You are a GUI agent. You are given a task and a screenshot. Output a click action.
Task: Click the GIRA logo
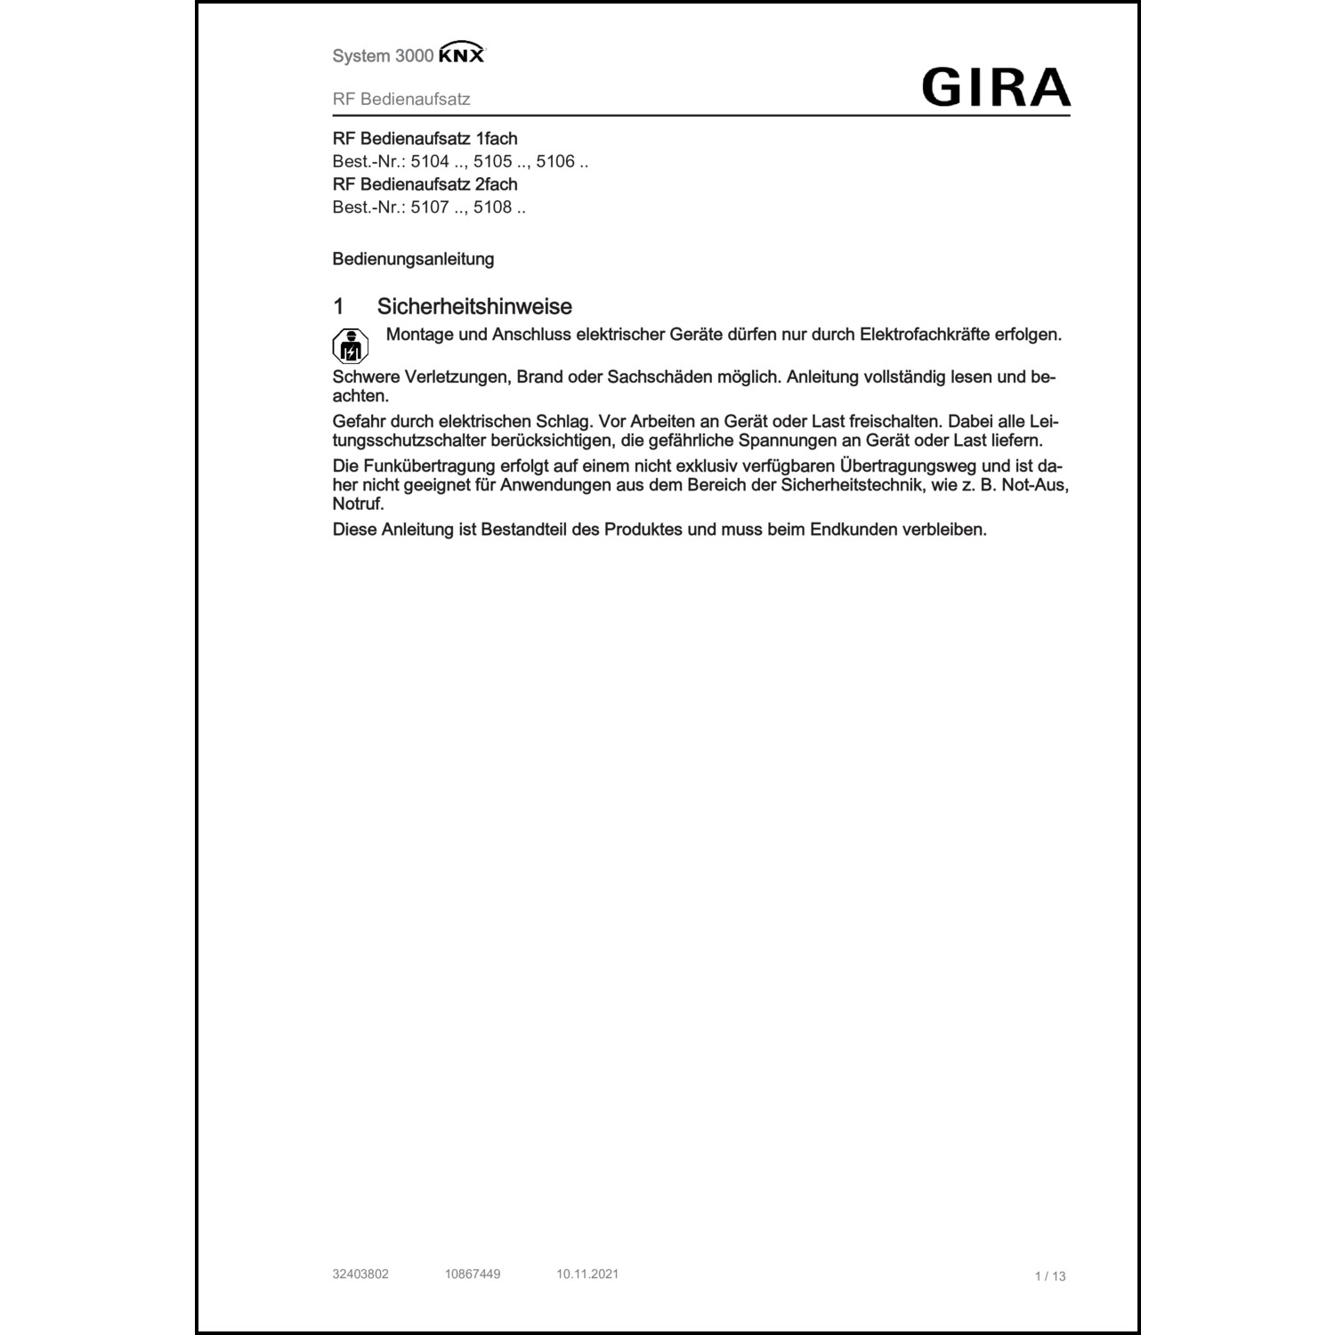point(996,87)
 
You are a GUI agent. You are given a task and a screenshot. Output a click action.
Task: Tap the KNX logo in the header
point(462,55)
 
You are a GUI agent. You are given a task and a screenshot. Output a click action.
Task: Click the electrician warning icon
point(350,346)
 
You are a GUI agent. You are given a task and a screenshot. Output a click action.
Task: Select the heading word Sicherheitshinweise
point(474,306)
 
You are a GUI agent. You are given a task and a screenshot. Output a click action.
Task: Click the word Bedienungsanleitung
point(413,259)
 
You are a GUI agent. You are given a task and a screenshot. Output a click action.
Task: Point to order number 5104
point(430,161)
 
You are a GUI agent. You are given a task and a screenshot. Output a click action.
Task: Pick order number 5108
point(492,207)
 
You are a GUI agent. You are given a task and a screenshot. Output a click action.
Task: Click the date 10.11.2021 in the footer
point(587,1274)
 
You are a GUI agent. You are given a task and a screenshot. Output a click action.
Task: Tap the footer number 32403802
point(360,1274)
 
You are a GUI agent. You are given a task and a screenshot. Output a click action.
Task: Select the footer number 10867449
point(473,1274)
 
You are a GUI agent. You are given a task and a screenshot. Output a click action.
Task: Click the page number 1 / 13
point(1050,1276)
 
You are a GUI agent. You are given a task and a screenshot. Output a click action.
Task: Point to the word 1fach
point(497,139)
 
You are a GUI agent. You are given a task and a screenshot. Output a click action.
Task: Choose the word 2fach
point(497,184)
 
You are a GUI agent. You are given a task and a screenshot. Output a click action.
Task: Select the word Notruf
point(358,504)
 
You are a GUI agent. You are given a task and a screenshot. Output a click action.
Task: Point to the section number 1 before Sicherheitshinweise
point(338,306)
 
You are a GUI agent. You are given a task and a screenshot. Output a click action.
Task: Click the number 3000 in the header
point(414,56)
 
